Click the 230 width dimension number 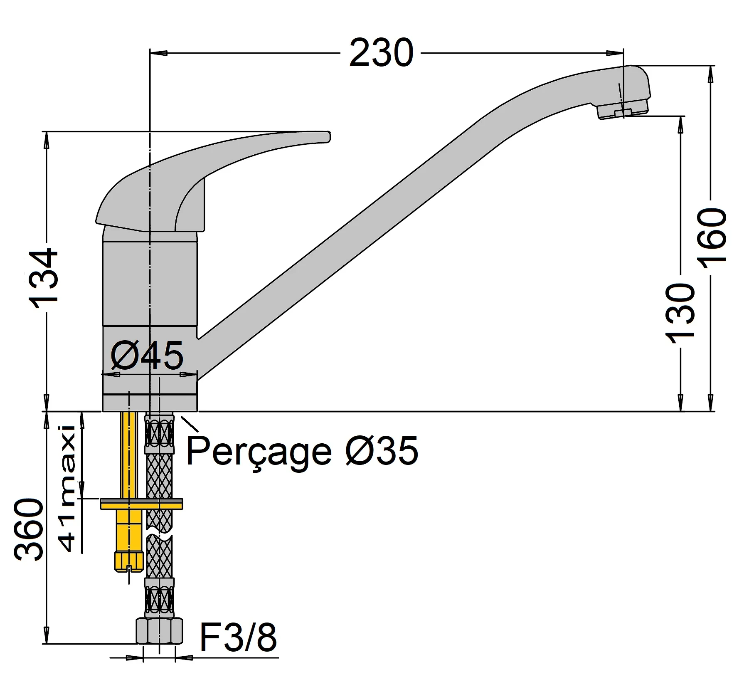pyautogui.click(x=381, y=53)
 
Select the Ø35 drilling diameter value pyautogui.click(x=382, y=451)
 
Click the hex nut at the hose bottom pyautogui.click(x=159, y=631)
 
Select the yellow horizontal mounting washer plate pyautogui.click(x=141, y=504)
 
